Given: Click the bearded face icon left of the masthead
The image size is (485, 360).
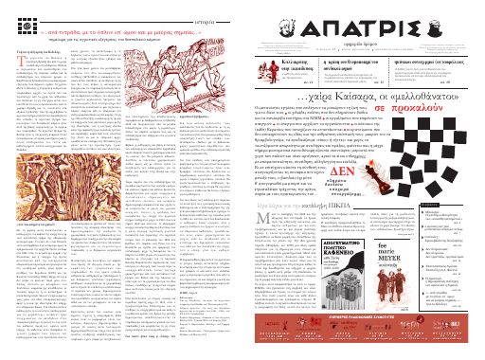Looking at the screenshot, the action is point(266,22).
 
